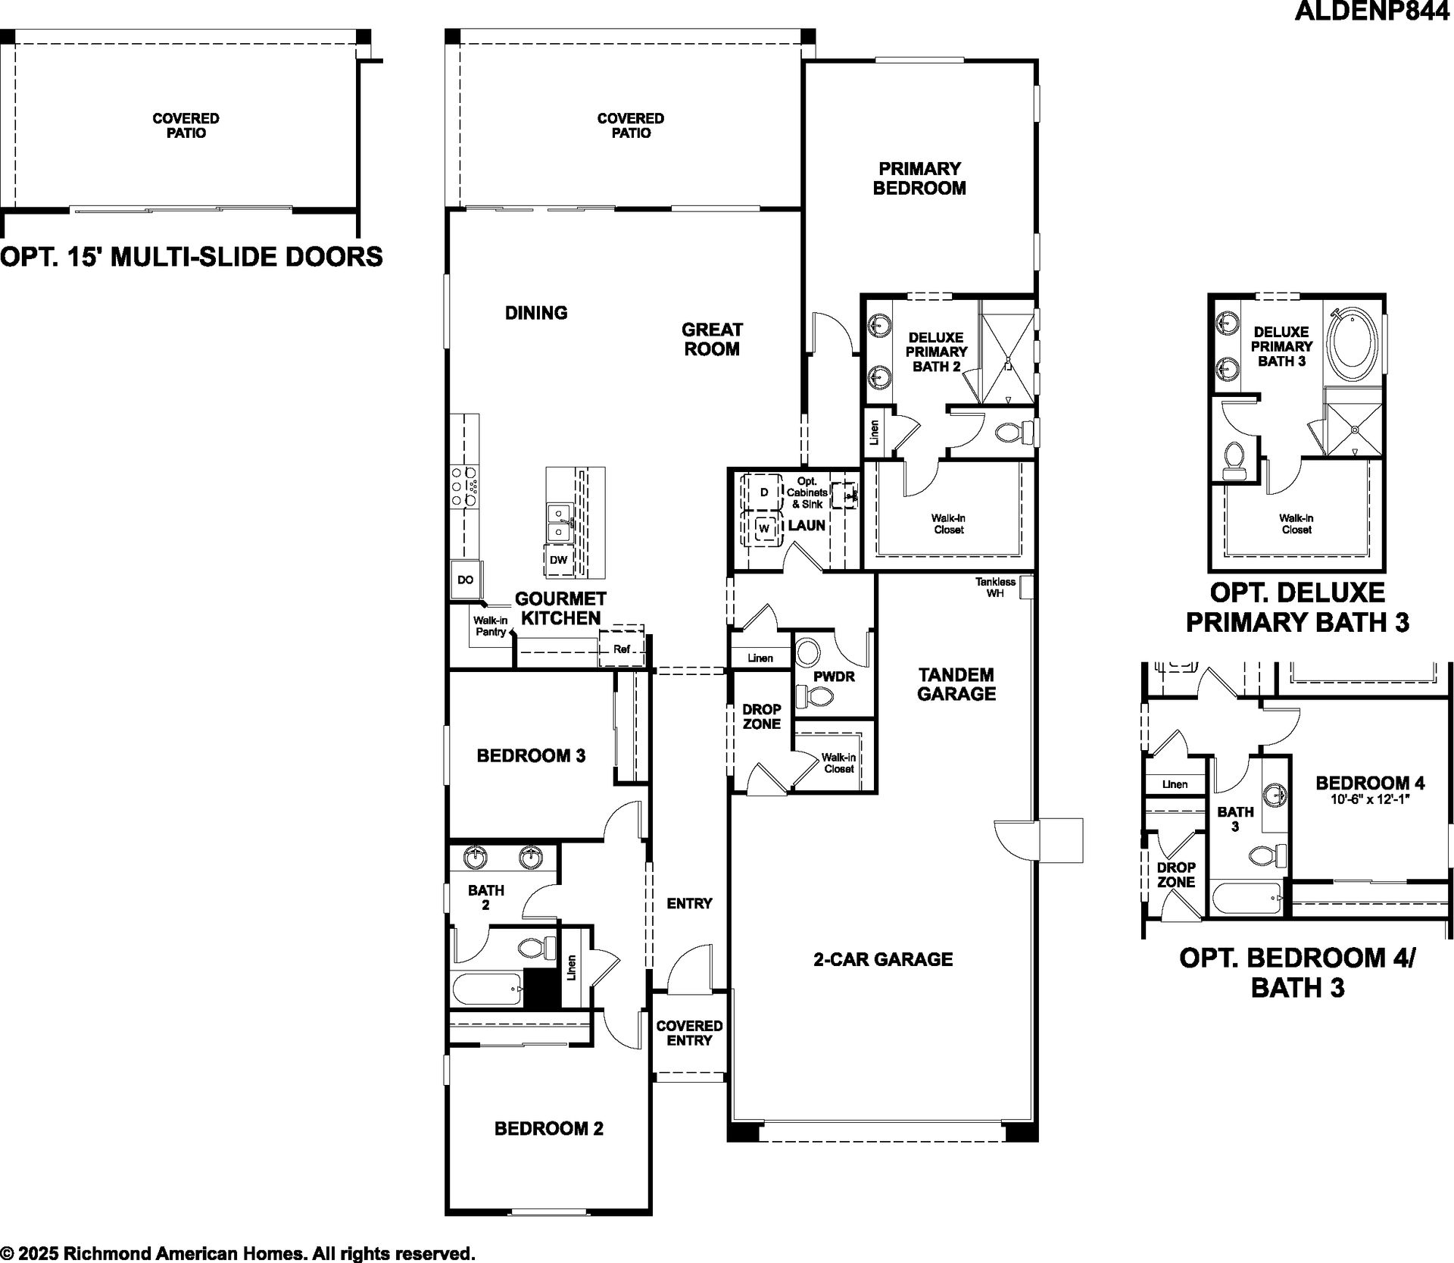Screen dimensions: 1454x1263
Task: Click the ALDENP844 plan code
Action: point(1372,11)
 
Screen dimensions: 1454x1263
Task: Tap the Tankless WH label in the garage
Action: point(995,587)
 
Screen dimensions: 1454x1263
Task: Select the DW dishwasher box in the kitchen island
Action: point(558,561)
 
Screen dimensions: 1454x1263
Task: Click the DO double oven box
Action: point(465,580)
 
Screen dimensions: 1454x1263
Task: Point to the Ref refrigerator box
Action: point(622,649)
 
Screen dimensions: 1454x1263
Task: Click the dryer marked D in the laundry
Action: point(763,492)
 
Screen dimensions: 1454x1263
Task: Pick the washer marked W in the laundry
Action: point(764,528)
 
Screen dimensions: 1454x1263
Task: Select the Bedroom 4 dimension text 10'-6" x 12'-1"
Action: point(1370,799)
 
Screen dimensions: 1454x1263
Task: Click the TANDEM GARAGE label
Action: point(956,684)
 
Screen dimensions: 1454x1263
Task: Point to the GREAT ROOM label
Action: point(712,339)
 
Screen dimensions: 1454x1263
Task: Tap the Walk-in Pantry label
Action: point(490,626)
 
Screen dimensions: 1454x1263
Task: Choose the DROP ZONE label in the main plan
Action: point(761,717)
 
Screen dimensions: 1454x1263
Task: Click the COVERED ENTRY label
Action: point(689,1033)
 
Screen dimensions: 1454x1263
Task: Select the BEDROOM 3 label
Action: point(531,755)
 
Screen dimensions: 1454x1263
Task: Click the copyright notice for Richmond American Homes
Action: point(238,1253)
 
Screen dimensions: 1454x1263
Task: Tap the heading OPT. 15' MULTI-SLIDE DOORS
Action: point(192,257)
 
